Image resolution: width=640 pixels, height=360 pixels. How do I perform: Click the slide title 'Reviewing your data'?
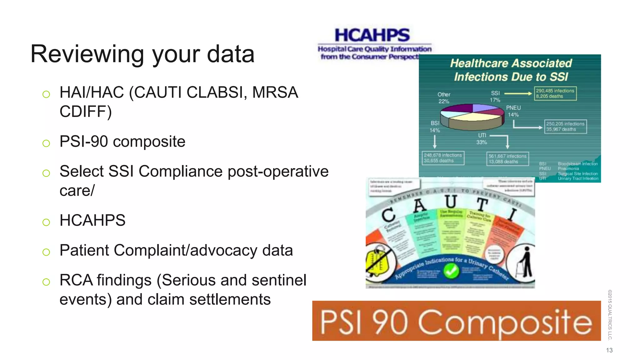(142, 54)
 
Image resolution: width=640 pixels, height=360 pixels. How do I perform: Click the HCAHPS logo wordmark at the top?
(372, 35)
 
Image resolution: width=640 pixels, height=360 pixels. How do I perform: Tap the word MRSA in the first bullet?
(275, 92)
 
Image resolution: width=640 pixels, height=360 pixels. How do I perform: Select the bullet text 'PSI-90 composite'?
(122, 142)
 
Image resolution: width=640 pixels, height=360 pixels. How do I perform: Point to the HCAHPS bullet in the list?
(92, 220)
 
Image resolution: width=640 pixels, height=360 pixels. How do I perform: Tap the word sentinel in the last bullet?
(279, 280)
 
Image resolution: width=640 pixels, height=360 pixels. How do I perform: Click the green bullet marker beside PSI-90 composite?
(46, 143)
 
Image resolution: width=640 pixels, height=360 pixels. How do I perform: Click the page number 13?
(609, 350)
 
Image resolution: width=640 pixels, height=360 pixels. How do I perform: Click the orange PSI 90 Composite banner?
(456, 321)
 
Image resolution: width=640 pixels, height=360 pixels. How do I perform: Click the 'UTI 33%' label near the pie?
(482, 139)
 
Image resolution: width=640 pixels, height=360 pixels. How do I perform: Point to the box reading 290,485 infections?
(555, 93)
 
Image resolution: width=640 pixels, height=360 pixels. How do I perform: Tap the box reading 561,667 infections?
(507, 159)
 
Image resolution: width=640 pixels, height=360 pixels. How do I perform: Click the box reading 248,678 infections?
(442, 158)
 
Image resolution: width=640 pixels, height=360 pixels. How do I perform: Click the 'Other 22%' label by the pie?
(444, 97)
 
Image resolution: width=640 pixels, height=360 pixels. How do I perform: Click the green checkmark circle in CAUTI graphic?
(451, 271)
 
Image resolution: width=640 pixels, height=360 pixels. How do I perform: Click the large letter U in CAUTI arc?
(451, 202)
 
